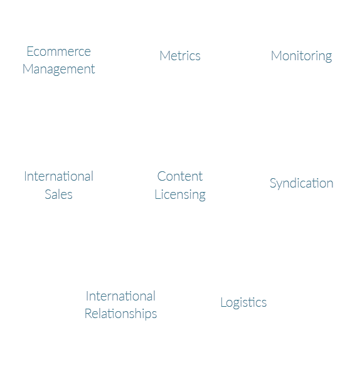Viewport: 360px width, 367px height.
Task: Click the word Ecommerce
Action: (x=59, y=51)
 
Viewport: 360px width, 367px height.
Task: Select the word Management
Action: (x=59, y=69)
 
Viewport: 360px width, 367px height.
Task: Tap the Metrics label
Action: (x=180, y=56)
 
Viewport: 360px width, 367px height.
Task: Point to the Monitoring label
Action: (x=301, y=56)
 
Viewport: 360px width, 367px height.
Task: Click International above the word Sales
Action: (x=59, y=176)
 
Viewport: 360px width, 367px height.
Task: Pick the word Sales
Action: (x=58, y=194)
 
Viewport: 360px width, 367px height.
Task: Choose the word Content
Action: (x=180, y=176)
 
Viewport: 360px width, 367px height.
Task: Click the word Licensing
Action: (x=180, y=195)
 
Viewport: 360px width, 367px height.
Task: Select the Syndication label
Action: (x=301, y=183)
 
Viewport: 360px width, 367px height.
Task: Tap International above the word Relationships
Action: (x=120, y=296)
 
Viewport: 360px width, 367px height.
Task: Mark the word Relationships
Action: (x=120, y=314)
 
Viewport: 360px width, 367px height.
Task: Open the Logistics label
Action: (x=243, y=302)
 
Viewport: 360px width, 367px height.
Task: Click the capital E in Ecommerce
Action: (x=29, y=51)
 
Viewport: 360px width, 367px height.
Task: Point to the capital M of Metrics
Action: (x=164, y=56)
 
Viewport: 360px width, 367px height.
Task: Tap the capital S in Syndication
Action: (x=273, y=183)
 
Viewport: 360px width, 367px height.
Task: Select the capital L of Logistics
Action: (x=223, y=302)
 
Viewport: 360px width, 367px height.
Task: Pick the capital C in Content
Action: (x=162, y=176)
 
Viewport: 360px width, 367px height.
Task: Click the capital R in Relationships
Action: (x=88, y=314)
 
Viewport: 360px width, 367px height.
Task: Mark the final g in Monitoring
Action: (x=328, y=58)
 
